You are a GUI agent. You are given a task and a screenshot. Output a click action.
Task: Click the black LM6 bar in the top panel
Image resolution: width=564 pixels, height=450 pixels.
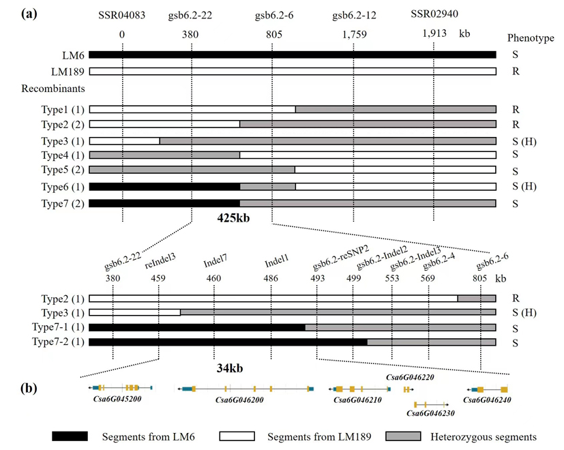click(x=292, y=55)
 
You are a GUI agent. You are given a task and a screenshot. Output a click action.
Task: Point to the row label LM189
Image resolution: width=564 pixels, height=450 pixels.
click(x=68, y=71)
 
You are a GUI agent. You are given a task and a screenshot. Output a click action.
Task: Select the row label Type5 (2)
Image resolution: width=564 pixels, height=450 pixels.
click(x=63, y=169)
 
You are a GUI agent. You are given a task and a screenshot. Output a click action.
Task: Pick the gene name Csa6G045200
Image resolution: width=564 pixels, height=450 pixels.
click(x=117, y=399)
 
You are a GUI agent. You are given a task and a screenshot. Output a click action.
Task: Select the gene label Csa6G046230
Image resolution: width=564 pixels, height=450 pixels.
click(x=430, y=412)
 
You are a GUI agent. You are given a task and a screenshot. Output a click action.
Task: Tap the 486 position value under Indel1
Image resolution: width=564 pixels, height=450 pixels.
click(x=271, y=278)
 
